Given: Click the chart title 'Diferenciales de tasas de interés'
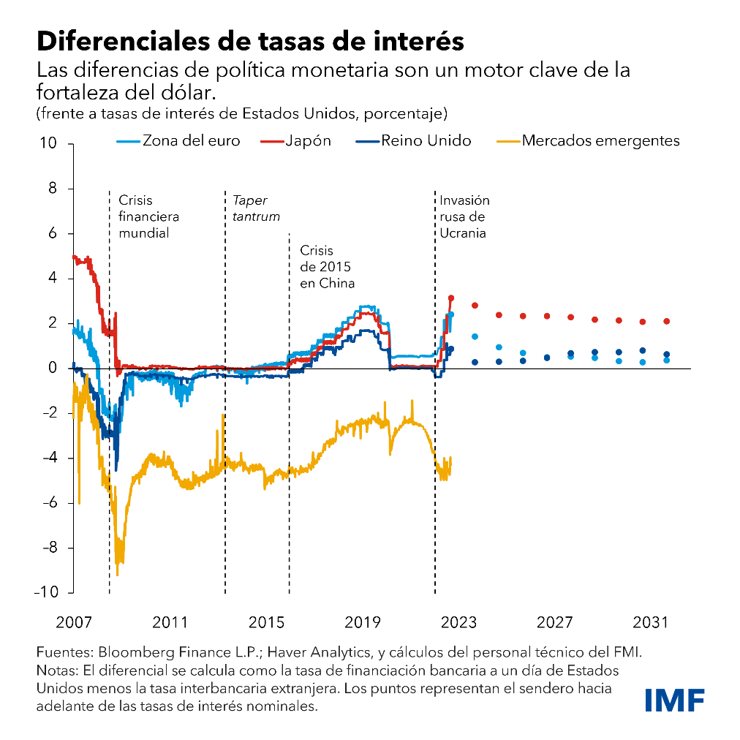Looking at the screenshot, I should [x=250, y=40].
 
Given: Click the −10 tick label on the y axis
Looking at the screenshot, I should [x=45, y=592].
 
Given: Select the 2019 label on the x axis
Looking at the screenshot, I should [x=363, y=622].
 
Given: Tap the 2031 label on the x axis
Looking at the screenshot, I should [x=650, y=622].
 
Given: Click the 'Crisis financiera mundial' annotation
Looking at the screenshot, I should [x=148, y=216].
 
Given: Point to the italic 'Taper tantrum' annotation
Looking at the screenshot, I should [x=256, y=208].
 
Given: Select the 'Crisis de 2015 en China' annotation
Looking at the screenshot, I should [x=327, y=267].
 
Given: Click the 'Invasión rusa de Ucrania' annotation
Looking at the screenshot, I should [x=464, y=216].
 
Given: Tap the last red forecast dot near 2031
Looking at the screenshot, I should [x=666, y=321].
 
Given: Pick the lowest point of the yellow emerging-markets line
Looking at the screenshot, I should [x=118, y=574].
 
